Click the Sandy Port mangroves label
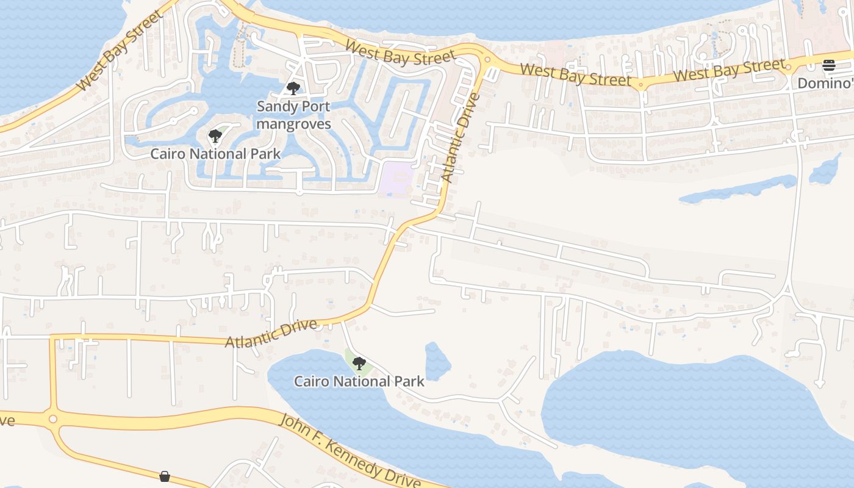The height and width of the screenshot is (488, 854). pyautogui.click(x=293, y=115)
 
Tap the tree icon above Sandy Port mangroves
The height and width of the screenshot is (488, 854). pyautogui.click(x=293, y=89)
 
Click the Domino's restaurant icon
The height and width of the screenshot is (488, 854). pyautogui.click(x=828, y=65)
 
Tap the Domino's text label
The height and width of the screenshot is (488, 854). pyautogui.click(x=825, y=83)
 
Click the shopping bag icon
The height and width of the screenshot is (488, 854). pyautogui.click(x=165, y=476)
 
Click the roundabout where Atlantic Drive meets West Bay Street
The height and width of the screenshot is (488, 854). pyautogui.click(x=487, y=59)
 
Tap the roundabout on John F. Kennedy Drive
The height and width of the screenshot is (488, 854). pyautogui.click(x=53, y=419)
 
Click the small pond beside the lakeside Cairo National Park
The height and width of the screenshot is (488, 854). pyautogui.click(x=437, y=361)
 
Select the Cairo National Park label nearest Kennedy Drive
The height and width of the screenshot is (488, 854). pyautogui.click(x=359, y=382)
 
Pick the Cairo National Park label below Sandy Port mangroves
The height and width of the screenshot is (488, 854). pyautogui.click(x=215, y=153)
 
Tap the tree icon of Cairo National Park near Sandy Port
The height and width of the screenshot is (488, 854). pyautogui.click(x=214, y=136)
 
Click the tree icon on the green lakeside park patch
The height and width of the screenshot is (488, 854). pyautogui.click(x=359, y=364)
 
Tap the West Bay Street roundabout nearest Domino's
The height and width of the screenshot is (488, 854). pyautogui.click(x=788, y=68)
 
